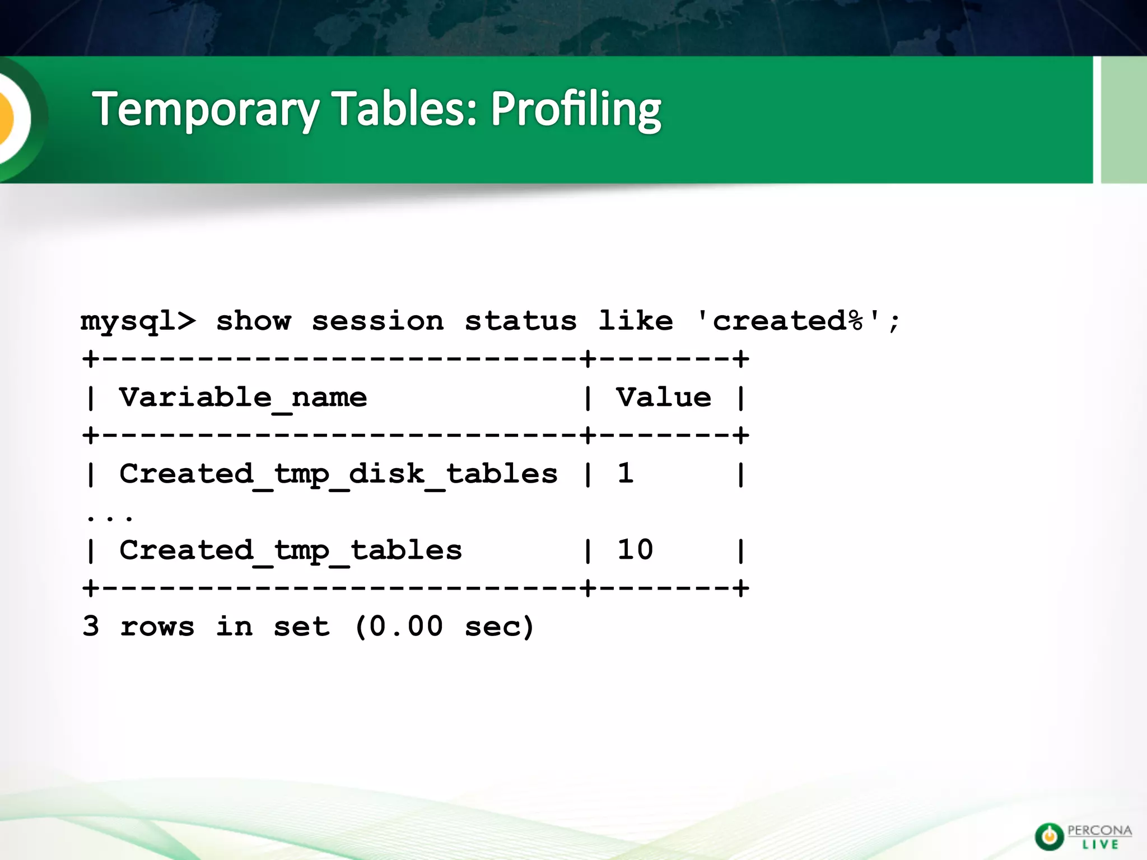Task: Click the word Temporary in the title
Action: [x=207, y=109]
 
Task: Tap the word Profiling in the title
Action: [x=576, y=109]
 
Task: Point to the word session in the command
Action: [x=377, y=321]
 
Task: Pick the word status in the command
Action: [x=520, y=321]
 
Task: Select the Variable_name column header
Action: [x=243, y=398]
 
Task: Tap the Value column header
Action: [x=664, y=398]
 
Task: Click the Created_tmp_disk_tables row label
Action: [x=338, y=474]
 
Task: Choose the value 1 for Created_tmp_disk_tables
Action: [x=625, y=473]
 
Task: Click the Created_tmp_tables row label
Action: [x=290, y=550]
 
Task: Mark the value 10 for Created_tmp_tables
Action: [x=635, y=549]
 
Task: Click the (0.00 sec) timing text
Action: [x=444, y=627]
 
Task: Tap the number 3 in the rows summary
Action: [x=91, y=626]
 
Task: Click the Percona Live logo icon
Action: [x=1048, y=836]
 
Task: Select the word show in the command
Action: [x=253, y=321]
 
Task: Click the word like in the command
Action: [x=635, y=321]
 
